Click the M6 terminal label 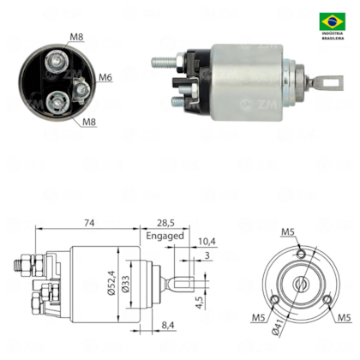point(105,77)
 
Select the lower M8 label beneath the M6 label point(90,122)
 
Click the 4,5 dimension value point(201,302)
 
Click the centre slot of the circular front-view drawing point(301,285)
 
